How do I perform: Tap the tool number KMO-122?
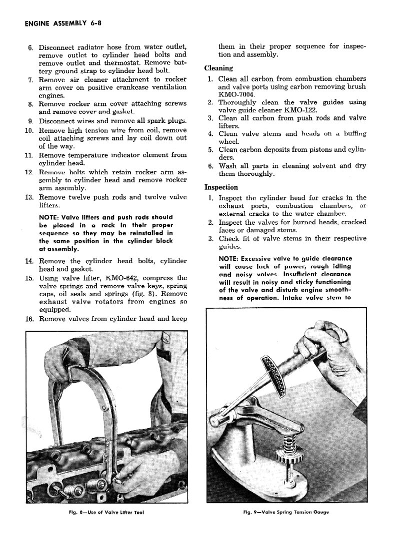300,110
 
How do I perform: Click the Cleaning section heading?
218,68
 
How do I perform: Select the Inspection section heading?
221,187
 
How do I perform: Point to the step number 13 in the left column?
28,197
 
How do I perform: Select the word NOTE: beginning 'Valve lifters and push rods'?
51,218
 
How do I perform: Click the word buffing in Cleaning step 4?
352,134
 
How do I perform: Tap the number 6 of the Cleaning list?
211,166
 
